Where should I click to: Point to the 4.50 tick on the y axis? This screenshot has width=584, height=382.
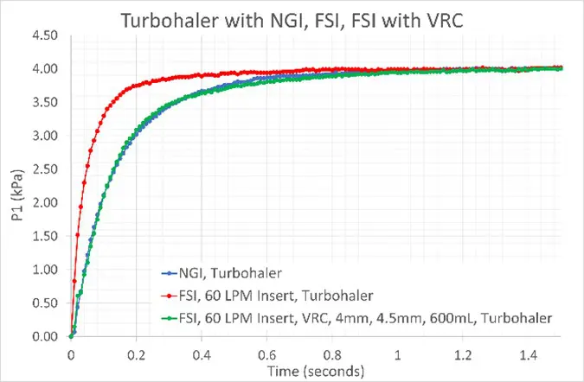click(x=44, y=35)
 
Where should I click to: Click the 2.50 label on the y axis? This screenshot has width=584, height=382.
click(x=44, y=169)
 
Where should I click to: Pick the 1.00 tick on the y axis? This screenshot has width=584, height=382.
click(x=44, y=270)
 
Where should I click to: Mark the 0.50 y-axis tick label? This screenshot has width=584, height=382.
click(x=44, y=303)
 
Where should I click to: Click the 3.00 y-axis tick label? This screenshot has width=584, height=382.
click(x=44, y=136)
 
